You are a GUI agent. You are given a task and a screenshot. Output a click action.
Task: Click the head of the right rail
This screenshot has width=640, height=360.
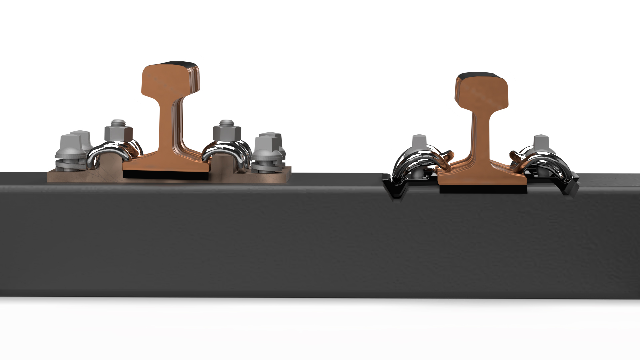click(482, 92)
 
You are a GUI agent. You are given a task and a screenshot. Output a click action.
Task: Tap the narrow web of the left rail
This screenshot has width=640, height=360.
click(166, 127)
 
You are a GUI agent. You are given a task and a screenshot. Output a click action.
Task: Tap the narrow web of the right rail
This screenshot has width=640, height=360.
click(481, 133)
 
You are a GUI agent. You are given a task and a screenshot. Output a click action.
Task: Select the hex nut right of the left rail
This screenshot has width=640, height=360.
click(227, 133)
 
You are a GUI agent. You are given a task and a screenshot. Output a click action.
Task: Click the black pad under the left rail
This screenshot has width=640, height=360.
click(166, 175)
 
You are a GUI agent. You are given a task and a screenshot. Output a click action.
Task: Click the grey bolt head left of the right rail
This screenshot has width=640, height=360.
click(419, 142)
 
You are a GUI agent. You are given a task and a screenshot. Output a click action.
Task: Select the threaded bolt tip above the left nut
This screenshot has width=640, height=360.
click(118, 122)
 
